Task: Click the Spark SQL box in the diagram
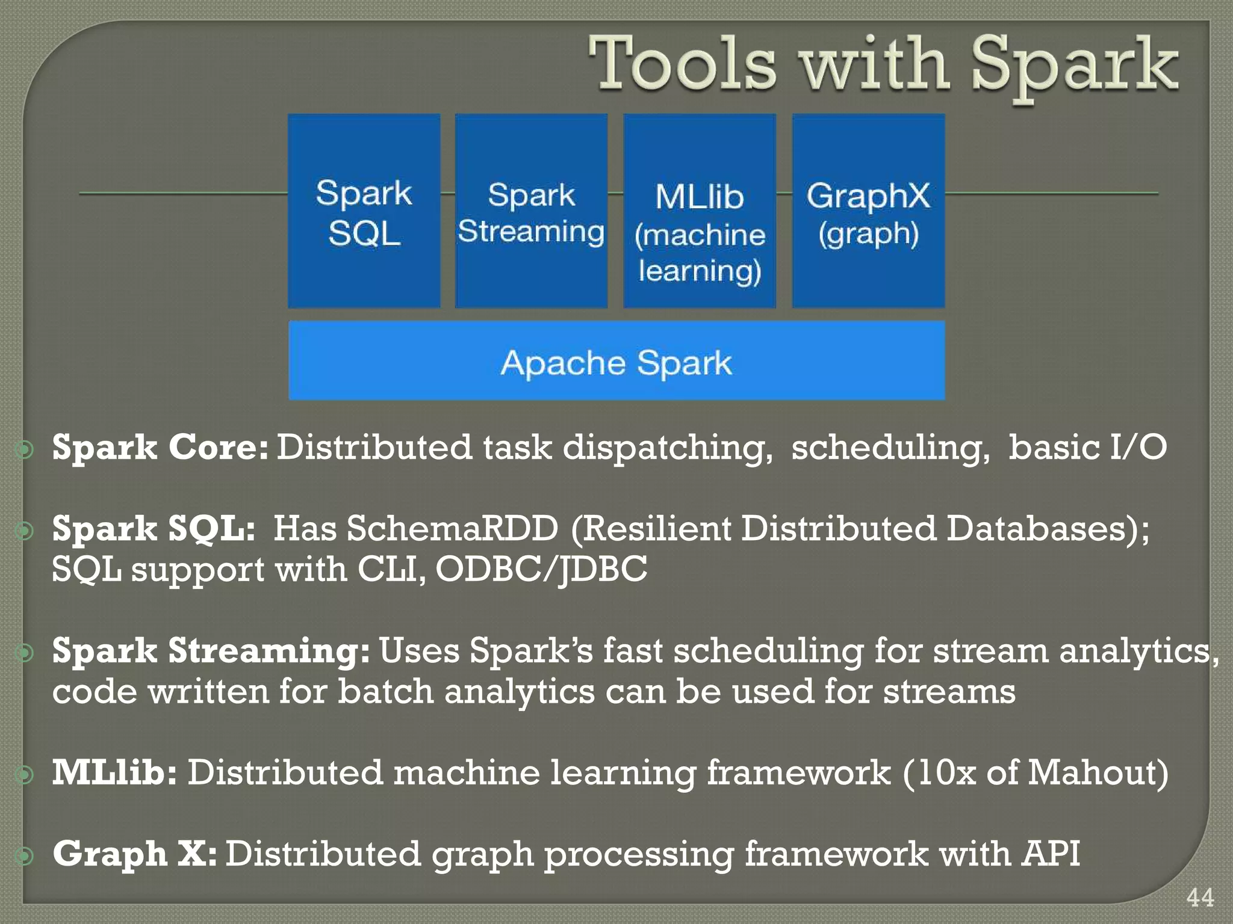pyautogui.click(x=364, y=211)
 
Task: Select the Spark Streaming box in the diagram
pyautogui.click(x=531, y=211)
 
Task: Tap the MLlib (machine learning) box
pyautogui.click(x=699, y=211)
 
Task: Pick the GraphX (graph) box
pyautogui.click(x=868, y=211)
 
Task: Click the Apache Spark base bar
pyautogui.click(x=616, y=361)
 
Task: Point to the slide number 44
pyautogui.click(x=1200, y=898)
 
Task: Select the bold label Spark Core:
pyautogui.click(x=160, y=448)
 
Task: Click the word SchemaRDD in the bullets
pyautogui.click(x=452, y=529)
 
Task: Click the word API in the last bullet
pyautogui.click(x=1050, y=854)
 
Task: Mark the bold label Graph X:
pyautogui.click(x=134, y=854)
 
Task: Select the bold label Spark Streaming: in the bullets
pyautogui.click(x=211, y=651)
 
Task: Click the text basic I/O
pyautogui.click(x=1087, y=448)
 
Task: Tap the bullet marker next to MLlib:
pyautogui.click(x=25, y=774)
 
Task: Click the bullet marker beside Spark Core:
pyautogui.click(x=25, y=449)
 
